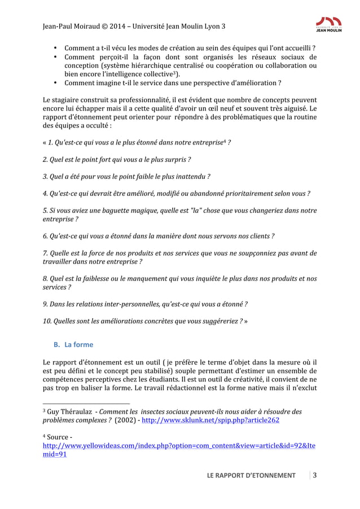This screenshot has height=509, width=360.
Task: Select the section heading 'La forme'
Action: click(x=79, y=344)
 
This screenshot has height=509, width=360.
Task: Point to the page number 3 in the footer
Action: click(x=315, y=475)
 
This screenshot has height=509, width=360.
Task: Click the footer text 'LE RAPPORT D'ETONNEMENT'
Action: click(x=251, y=475)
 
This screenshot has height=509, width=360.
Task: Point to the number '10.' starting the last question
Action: click(x=47, y=321)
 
